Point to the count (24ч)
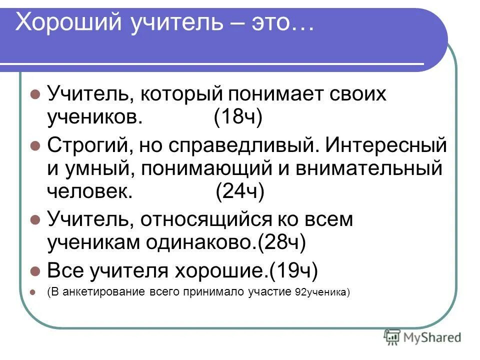coord(239,191)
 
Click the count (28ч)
coord(281,242)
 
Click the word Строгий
coord(84,145)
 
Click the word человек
coord(90,191)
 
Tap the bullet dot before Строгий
coord(35,145)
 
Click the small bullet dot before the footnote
coord(35,293)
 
